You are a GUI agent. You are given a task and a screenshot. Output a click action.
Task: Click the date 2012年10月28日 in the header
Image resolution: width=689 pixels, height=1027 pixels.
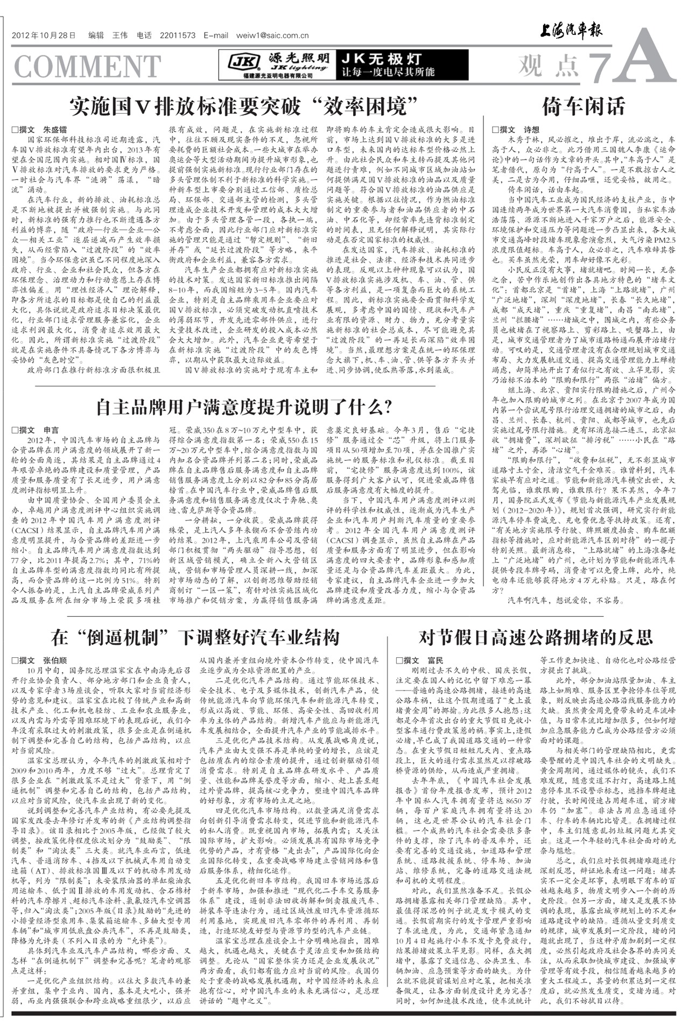(x=44, y=36)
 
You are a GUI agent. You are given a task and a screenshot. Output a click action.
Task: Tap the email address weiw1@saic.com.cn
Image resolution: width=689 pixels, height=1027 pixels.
(x=272, y=36)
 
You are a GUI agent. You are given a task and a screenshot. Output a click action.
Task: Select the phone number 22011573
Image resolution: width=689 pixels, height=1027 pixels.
(x=178, y=36)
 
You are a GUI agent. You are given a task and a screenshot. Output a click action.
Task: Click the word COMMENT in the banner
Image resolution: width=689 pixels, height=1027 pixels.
(x=87, y=67)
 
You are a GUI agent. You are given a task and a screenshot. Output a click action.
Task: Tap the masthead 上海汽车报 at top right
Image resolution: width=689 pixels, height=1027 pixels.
(x=572, y=30)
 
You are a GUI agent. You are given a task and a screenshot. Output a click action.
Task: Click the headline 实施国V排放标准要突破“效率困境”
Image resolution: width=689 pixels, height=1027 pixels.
(x=244, y=107)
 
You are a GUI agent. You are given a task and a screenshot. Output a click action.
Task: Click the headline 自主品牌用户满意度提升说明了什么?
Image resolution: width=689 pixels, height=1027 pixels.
(x=244, y=407)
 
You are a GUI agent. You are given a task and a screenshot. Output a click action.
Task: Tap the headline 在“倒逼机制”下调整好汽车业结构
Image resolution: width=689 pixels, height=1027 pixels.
(x=195, y=637)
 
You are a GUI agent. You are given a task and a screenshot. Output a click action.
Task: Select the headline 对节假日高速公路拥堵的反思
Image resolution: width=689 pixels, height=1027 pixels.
(x=536, y=637)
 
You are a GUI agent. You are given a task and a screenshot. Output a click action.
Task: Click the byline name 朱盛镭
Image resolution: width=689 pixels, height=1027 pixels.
(x=55, y=130)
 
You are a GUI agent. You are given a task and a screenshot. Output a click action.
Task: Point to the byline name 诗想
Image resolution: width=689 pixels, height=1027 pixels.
(x=531, y=130)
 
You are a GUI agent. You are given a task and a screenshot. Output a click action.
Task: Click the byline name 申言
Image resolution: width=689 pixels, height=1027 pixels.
(x=51, y=430)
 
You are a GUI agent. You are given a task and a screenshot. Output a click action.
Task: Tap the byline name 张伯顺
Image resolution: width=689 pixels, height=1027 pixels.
(x=55, y=660)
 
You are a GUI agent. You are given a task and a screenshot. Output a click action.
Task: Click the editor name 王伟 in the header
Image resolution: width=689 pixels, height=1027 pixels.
(x=119, y=36)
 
